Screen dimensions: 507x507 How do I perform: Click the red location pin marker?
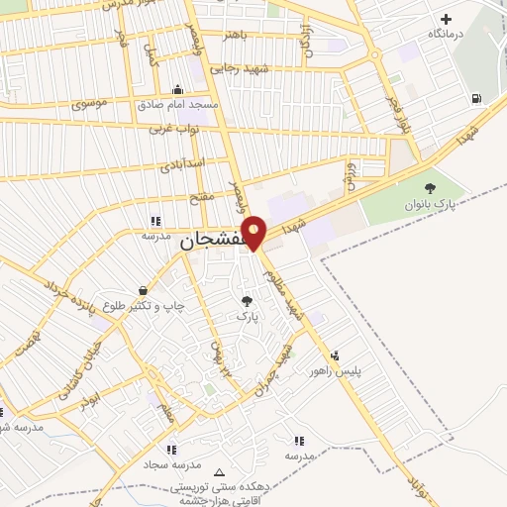[x=254, y=232]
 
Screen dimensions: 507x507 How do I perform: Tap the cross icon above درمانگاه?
[x=446, y=19]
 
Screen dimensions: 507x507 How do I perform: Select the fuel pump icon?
[x=477, y=97]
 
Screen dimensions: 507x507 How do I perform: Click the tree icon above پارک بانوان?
[x=429, y=188]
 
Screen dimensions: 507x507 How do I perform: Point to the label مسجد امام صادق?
[x=176, y=104]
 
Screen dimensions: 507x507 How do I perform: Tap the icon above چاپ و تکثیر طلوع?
[x=145, y=291]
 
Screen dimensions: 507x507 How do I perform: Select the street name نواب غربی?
[x=175, y=128]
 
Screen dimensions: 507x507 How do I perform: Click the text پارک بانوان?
[x=429, y=205]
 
